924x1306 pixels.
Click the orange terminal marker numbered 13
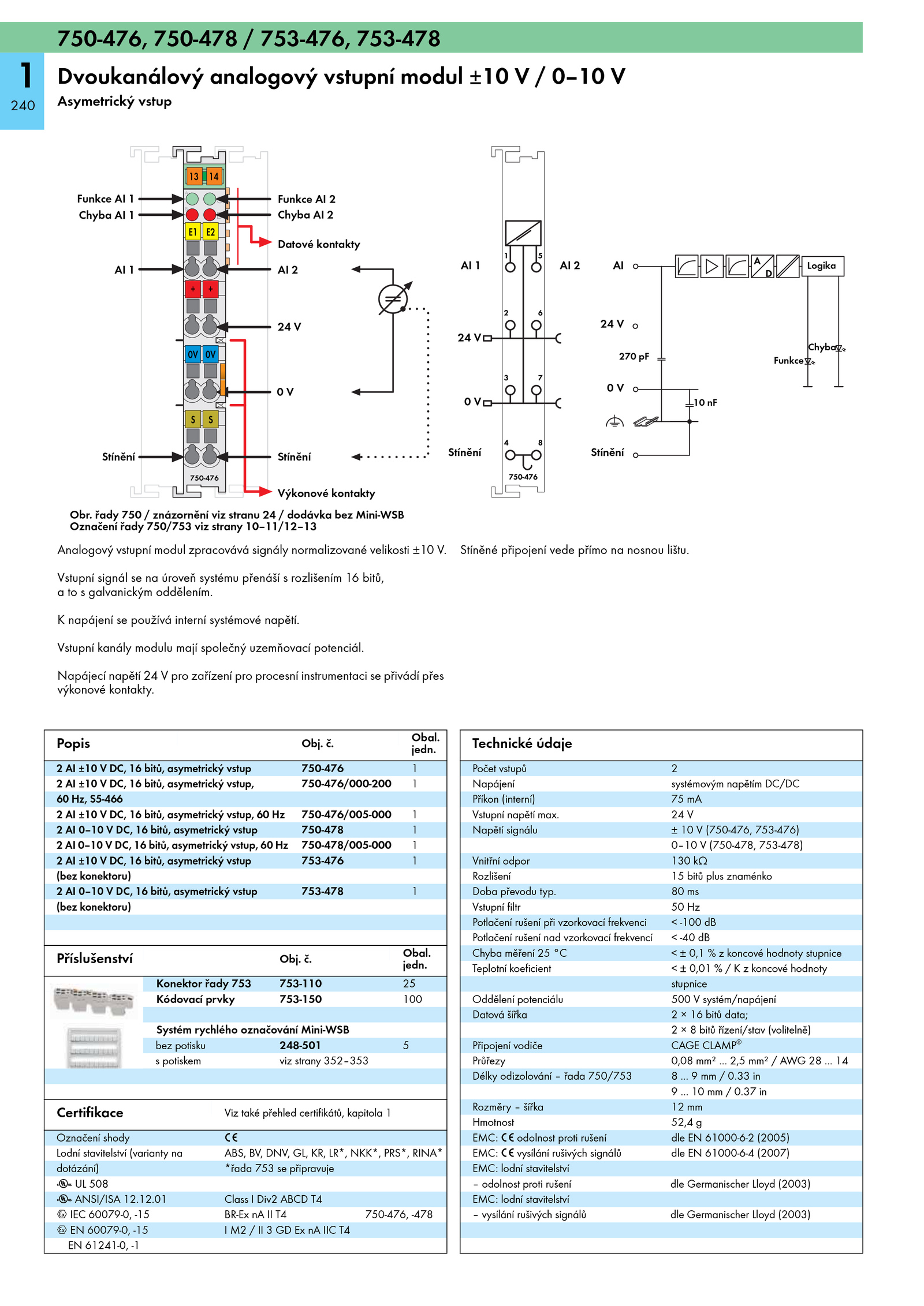click(193, 176)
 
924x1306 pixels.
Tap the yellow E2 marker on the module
click(210, 232)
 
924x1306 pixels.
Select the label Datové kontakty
click(319, 244)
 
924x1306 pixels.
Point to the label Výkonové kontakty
click(326, 493)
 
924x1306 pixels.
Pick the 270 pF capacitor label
click(634, 356)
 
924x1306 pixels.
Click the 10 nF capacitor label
click(705, 402)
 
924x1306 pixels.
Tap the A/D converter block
click(762, 266)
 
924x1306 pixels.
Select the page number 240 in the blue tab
click(23, 106)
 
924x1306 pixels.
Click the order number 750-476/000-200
click(346, 783)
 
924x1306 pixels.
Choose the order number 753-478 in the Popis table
click(322, 891)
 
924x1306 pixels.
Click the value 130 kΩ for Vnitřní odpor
click(689, 860)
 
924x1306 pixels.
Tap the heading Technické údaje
click(521, 743)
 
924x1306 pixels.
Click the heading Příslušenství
click(95, 959)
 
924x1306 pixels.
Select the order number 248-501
click(300, 1045)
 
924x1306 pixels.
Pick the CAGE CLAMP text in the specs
click(706, 1045)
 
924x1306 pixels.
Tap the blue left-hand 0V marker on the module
click(193, 354)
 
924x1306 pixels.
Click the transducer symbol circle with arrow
click(393, 299)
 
